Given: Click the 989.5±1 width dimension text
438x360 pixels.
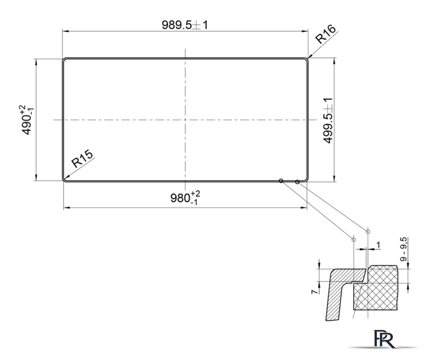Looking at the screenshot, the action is tap(185, 25).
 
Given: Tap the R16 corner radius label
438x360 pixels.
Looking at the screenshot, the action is tap(326, 34).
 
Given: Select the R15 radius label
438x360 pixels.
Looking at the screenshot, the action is tap(82, 159).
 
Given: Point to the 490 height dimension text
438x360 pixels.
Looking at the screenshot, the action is tap(26, 120).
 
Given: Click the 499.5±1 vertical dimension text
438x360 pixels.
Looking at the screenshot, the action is tap(328, 120).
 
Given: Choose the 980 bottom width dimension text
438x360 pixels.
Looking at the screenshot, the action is tap(185, 198).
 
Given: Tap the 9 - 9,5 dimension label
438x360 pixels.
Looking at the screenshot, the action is tap(403, 249).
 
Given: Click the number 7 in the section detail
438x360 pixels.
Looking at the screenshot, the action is tap(314, 292).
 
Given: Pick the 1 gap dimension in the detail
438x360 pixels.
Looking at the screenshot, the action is tap(378, 245).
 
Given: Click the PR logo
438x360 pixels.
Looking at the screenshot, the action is tap(385, 339).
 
